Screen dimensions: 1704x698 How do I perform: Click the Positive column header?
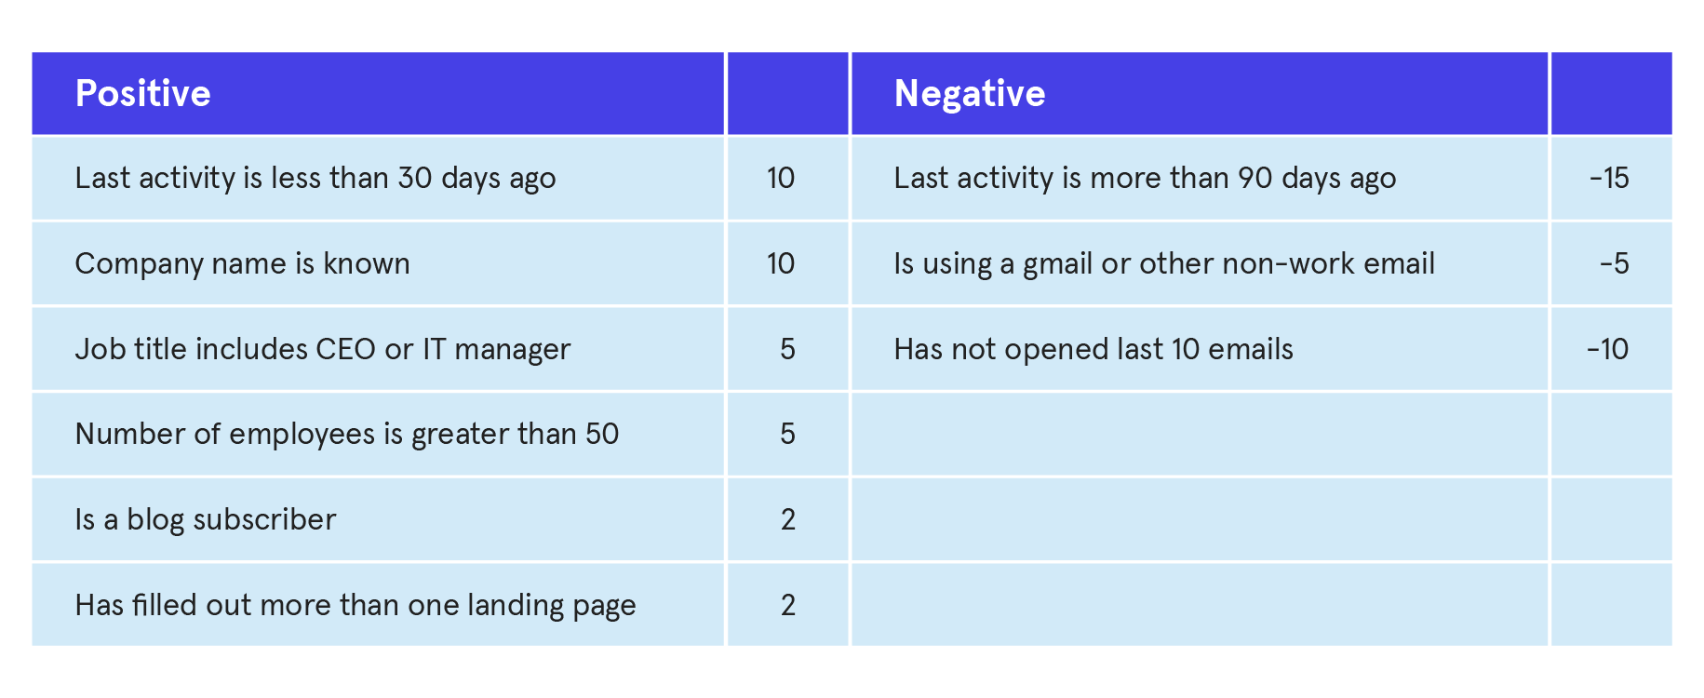click(x=142, y=94)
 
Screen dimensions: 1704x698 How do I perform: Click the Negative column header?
click(x=970, y=94)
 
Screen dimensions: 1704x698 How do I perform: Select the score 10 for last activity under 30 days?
click(x=781, y=178)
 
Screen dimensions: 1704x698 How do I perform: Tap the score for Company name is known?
click(x=781, y=263)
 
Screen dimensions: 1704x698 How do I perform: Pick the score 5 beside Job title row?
click(x=787, y=349)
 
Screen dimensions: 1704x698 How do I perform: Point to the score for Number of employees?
click(x=787, y=434)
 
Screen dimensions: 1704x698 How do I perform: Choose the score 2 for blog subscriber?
click(x=788, y=519)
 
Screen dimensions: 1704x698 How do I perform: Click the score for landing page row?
click(x=788, y=605)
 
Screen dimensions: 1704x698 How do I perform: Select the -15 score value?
click(x=1609, y=178)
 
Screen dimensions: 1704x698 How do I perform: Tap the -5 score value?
click(x=1615, y=263)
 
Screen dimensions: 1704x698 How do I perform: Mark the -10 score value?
click(x=1608, y=349)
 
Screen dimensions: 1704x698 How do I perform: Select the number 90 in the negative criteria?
click(x=1255, y=178)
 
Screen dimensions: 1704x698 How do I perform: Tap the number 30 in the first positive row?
click(x=415, y=178)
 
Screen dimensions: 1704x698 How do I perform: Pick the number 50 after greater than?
click(x=602, y=434)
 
